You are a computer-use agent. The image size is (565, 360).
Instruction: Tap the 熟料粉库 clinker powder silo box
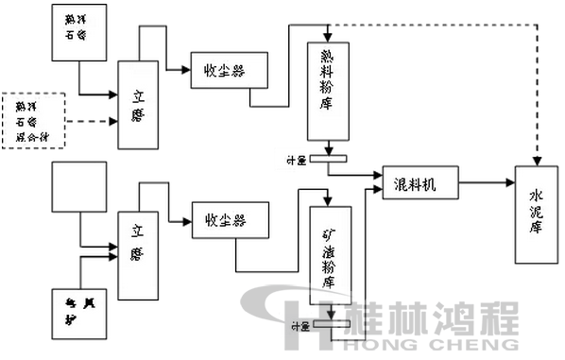328,91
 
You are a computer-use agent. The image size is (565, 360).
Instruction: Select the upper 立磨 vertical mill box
139,103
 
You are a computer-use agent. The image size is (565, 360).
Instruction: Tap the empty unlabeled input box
76,186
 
